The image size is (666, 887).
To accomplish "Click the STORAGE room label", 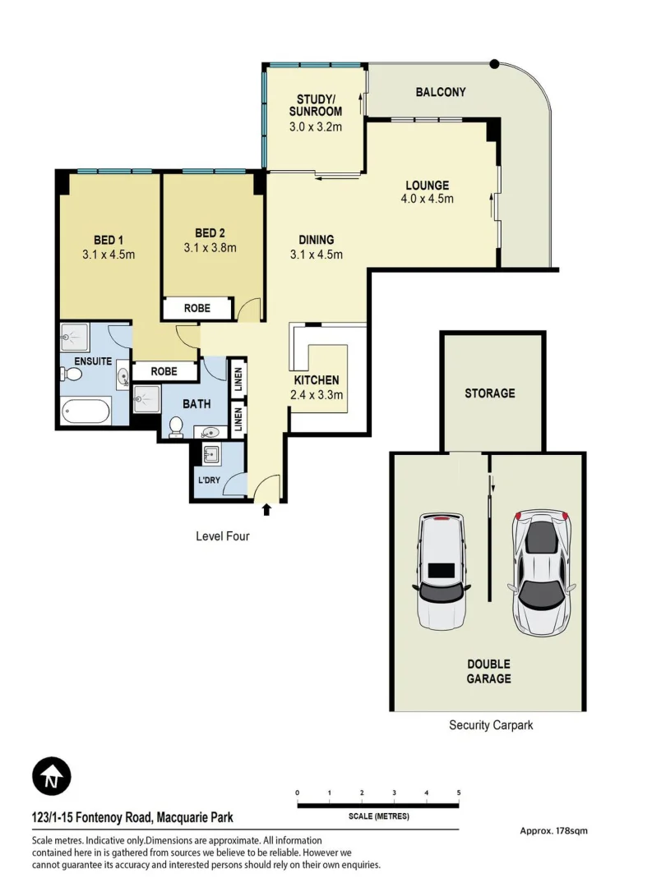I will [x=490, y=393].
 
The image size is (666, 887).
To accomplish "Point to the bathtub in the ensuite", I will [x=86, y=410].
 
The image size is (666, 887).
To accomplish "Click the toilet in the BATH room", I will [x=175, y=426].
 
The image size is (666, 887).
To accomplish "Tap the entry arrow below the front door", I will [x=266, y=510].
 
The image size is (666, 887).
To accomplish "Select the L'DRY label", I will [x=207, y=480].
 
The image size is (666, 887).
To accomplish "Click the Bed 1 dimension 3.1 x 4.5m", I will [x=109, y=254].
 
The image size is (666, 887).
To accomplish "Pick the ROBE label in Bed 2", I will [x=197, y=309].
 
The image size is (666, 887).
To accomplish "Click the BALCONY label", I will [x=441, y=92].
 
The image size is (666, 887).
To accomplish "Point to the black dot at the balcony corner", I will [x=494, y=63].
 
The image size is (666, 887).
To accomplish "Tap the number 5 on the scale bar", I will [x=459, y=793].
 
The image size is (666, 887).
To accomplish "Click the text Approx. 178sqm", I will [x=553, y=830].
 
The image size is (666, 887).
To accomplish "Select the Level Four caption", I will [x=222, y=536].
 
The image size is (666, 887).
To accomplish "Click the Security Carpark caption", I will [x=491, y=725].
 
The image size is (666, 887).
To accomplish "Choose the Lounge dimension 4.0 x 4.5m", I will [x=427, y=199].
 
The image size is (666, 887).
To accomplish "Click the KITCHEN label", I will [x=317, y=380].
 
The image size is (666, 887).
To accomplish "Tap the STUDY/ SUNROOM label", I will [x=315, y=106].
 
